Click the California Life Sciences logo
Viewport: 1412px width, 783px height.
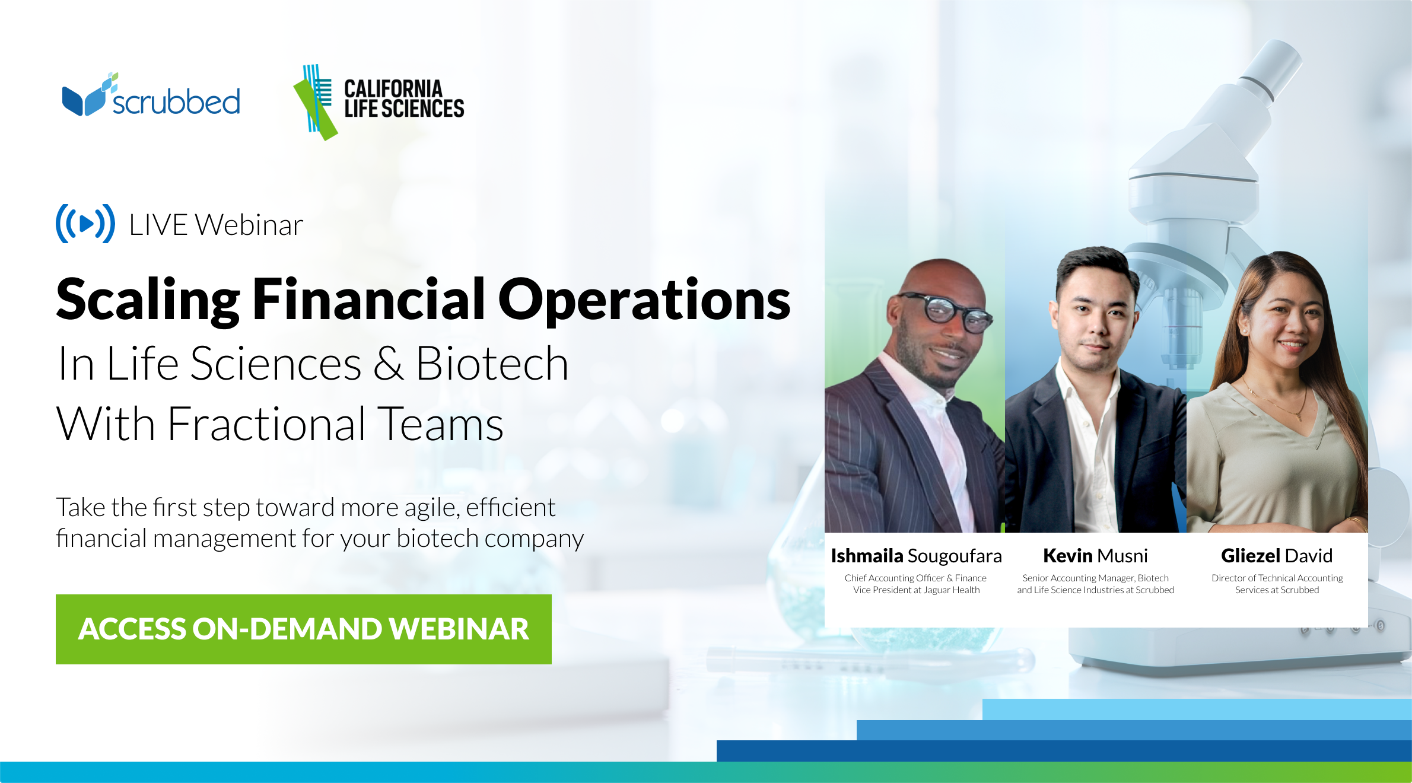(x=380, y=101)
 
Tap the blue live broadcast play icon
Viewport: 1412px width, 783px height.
(x=85, y=224)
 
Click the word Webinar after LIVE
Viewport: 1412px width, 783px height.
(x=249, y=225)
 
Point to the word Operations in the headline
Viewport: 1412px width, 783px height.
(x=644, y=301)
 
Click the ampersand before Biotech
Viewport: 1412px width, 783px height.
(x=389, y=364)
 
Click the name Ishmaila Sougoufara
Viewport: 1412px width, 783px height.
(x=916, y=556)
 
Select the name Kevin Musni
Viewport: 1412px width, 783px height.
(x=1095, y=556)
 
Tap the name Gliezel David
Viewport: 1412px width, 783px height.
(x=1277, y=556)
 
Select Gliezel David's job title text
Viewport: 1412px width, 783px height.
(x=1277, y=584)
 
